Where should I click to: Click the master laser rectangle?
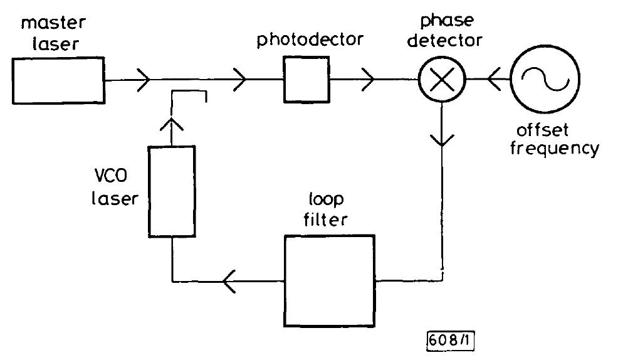coord(58,80)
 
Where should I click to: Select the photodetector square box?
coord(306,79)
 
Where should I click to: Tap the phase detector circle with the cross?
coord(443,80)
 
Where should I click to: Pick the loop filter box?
coord(329,281)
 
